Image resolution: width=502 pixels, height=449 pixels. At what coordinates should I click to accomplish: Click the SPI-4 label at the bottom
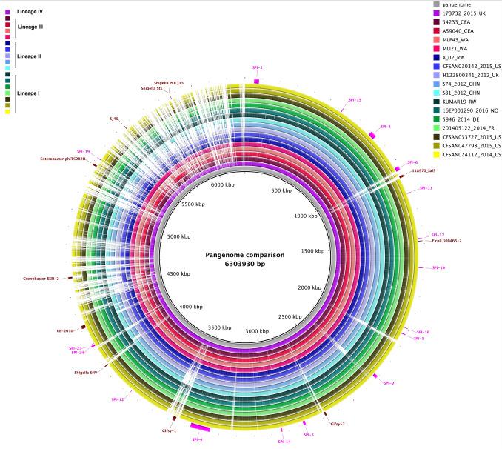click(197, 439)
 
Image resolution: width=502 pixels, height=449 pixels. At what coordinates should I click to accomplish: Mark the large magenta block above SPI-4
click(200, 428)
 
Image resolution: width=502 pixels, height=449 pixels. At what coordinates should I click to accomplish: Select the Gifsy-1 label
click(169, 430)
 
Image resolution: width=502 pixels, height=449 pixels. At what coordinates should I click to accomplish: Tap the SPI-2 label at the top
click(256, 67)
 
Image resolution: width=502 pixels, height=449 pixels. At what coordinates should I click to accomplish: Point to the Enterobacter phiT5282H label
click(62, 159)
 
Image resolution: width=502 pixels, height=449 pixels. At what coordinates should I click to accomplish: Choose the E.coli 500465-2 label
click(446, 240)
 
